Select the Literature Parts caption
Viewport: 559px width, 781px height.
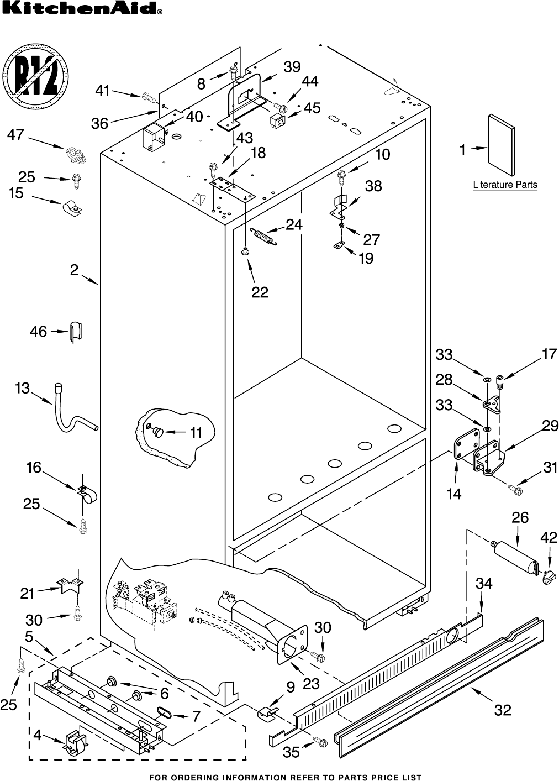[x=505, y=185]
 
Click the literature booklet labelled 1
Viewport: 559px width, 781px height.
[x=502, y=139]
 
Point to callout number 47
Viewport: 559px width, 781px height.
[x=16, y=134]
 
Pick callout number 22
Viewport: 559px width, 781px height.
[x=259, y=292]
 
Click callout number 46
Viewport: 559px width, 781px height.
[x=38, y=332]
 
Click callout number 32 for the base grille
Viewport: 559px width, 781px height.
[x=502, y=710]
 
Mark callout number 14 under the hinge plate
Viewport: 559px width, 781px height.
[x=453, y=494]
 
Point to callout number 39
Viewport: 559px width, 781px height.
[x=292, y=67]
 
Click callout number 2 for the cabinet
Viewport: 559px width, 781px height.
[x=74, y=270]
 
